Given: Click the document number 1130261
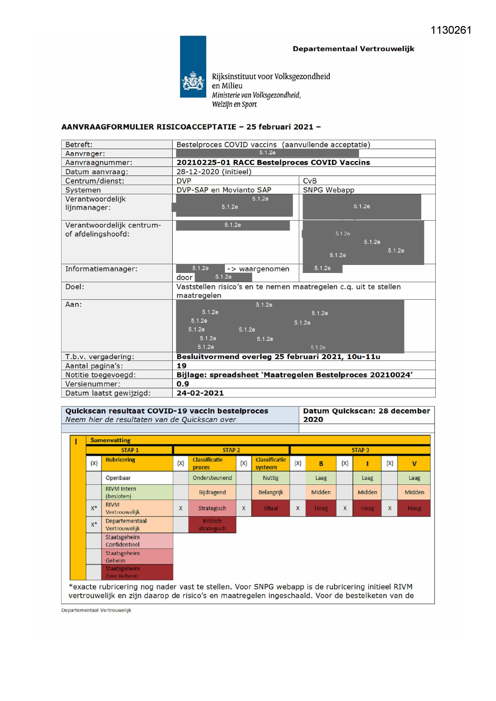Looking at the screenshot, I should click(451, 30).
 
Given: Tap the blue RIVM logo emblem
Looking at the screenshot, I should click(193, 66).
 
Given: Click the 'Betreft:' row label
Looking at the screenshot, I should click(79, 145).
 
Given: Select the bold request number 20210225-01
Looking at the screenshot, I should click(203, 163).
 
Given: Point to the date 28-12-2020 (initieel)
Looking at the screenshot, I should click(214, 172).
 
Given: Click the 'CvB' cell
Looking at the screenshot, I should click(310, 181).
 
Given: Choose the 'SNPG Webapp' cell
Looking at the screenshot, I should click(329, 190).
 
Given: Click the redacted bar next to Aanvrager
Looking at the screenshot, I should click(267, 153).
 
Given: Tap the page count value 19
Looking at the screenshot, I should click(181, 366).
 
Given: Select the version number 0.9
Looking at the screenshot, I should click(183, 384).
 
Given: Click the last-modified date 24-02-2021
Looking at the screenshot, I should click(200, 393).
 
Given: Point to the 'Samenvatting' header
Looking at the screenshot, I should click(110, 440).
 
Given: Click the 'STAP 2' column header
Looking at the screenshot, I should click(231, 450).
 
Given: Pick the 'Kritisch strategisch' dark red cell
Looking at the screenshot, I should click(212, 525).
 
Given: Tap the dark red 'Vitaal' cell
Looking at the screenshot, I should click(271, 508).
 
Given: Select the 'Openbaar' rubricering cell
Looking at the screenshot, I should click(118, 478).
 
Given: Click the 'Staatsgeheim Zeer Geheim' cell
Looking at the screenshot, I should click(122, 572).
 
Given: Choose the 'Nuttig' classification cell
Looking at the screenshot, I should click(271, 478).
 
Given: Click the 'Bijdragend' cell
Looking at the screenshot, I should click(212, 492).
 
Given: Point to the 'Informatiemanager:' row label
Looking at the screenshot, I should click(101, 269).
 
